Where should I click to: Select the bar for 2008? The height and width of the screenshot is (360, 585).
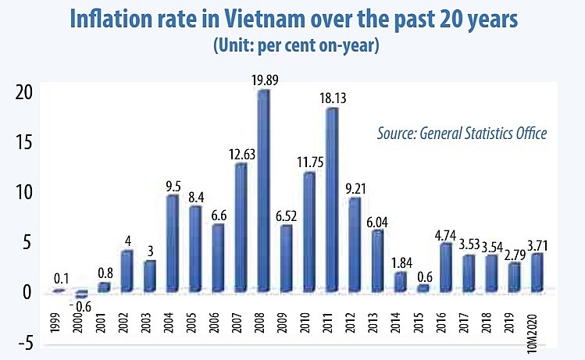coord(264,191)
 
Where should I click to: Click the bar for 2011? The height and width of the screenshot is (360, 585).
coord(332,200)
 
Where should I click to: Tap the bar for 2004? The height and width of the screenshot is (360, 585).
coord(173,243)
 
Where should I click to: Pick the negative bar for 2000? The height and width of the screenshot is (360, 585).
coord(81,294)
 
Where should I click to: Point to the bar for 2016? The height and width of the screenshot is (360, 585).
coord(444,267)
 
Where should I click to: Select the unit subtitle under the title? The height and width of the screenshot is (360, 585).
coord(296,45)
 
